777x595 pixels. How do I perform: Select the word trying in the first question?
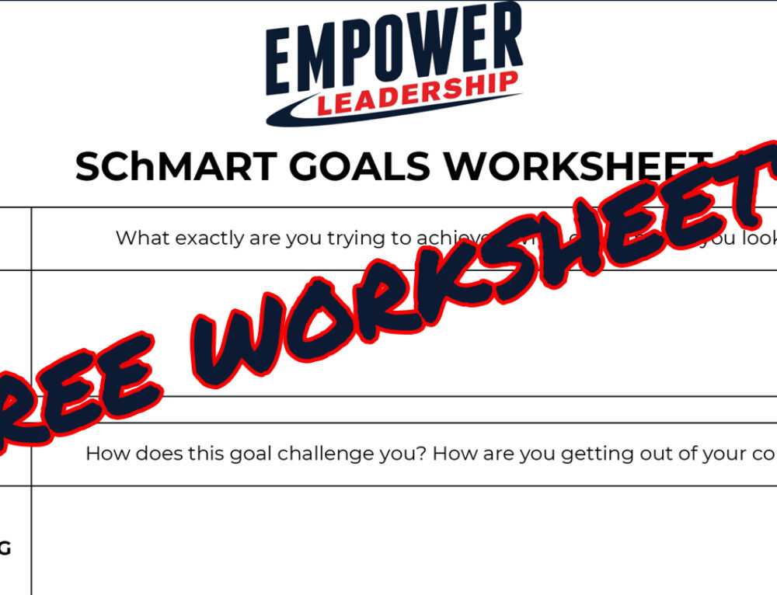[343, 239]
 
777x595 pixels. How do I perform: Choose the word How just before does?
[104, 454]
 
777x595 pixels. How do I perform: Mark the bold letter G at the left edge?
[5, 549]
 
